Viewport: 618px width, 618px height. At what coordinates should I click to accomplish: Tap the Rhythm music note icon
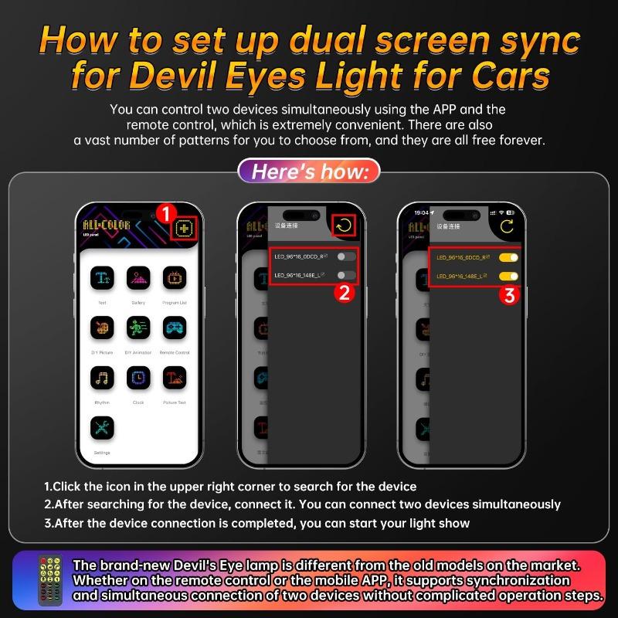coord(103,379)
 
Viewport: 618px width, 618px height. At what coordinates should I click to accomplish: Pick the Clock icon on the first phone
coord(138,379)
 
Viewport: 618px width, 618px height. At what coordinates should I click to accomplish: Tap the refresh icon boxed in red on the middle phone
coord(343,226)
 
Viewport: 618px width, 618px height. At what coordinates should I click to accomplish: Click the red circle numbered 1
coord(164,212)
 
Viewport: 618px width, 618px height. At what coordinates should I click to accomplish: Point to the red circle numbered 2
coord(345,292)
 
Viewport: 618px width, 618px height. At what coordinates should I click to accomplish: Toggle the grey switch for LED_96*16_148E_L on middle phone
coord(346,275)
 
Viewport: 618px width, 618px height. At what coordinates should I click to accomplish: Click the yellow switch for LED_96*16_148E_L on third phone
coord(508,276)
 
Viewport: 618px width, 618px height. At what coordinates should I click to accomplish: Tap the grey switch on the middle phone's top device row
coord(346,256)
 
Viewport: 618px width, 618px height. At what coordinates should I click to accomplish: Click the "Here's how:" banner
coord(309,171)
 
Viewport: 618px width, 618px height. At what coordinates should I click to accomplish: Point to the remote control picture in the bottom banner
coord(50,579)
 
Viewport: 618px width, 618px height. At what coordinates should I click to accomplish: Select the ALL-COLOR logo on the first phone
coord(107,225)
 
